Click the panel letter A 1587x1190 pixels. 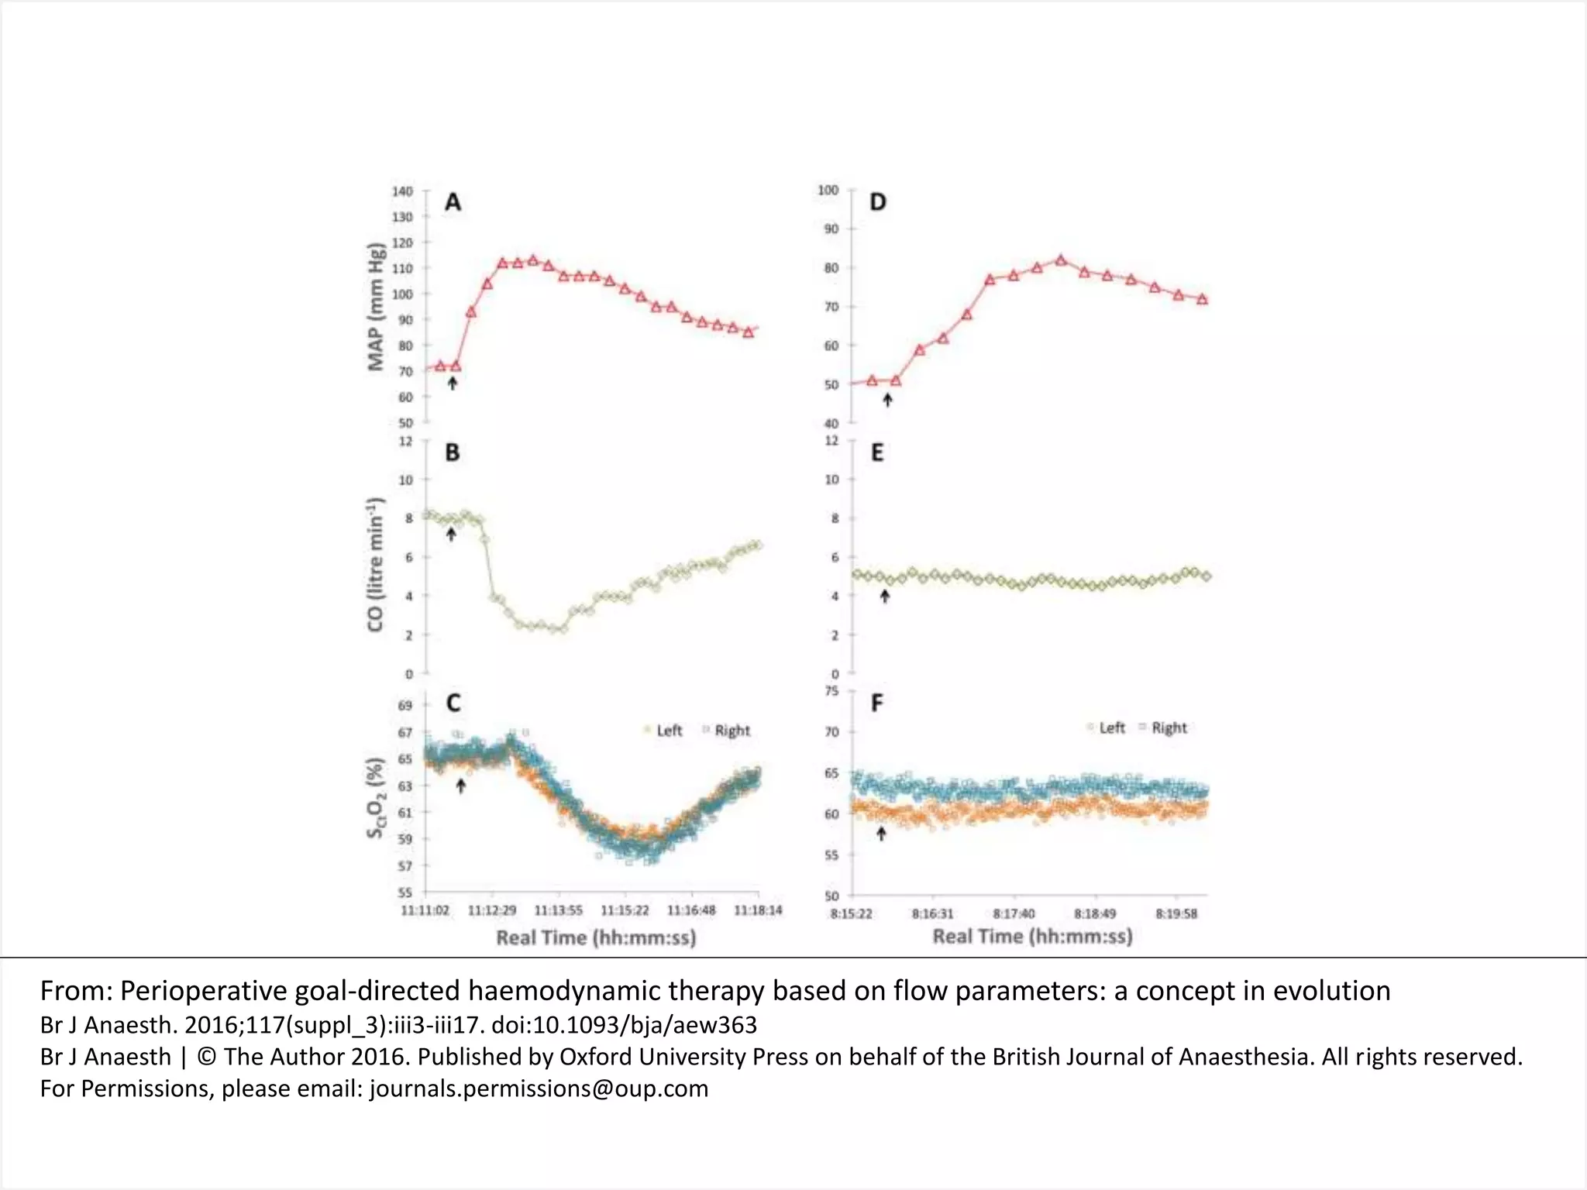point(453,203)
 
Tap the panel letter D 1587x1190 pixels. point(877,203)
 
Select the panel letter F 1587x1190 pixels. point(877,703)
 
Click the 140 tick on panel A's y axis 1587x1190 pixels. point(402,191)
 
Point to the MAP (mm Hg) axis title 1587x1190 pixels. point(377,308)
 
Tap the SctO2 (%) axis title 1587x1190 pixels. point(376,797)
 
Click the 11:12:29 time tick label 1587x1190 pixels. point(492,910)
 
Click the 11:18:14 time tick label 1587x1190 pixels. point(758,910)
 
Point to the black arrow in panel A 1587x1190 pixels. point(453,383)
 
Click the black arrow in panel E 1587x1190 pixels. point(885,596)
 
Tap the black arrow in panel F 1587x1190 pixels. point(881,834)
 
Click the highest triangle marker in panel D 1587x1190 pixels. point(1061,260)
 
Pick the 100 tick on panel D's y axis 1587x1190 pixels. point(828,191)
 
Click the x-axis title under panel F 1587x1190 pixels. point(1032,937)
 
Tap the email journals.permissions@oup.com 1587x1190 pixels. point(539,1089)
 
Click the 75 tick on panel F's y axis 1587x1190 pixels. point(831,691)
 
